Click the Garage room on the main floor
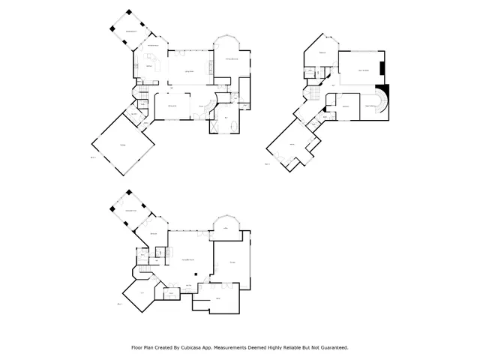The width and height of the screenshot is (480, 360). [121, 146]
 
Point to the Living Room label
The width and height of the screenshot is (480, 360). [190, 70]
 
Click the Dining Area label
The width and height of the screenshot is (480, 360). [171, 106]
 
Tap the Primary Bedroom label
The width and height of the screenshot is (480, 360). [229, 58]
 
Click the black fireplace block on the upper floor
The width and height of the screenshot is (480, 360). [382, 70]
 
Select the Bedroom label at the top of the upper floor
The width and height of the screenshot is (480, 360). [322, 54]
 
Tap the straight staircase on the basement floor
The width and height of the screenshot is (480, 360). [142, 268]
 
